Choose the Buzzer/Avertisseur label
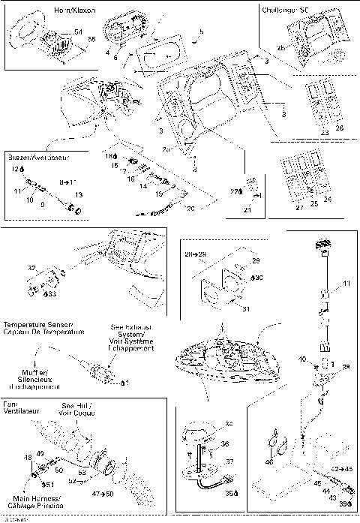pyautogui.click(x=37, y=158)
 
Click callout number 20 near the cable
pyautogui.click(x=190, y=208)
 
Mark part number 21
pyautogui.click(x=246, y=212)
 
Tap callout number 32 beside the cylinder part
pyautogui.click(x=31, y=266)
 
